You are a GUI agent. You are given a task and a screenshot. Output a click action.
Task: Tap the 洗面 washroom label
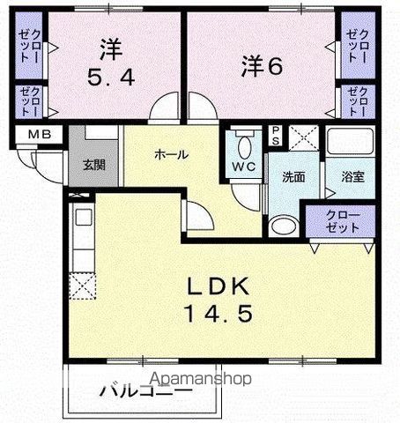[293, 176]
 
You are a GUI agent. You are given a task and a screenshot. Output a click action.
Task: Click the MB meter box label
[38, 135]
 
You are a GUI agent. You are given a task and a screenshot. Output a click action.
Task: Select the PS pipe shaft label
[276, 136]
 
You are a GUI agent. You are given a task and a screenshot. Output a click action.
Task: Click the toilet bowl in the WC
[245, 141]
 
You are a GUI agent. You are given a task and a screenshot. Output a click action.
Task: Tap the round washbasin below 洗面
[282, 225]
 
